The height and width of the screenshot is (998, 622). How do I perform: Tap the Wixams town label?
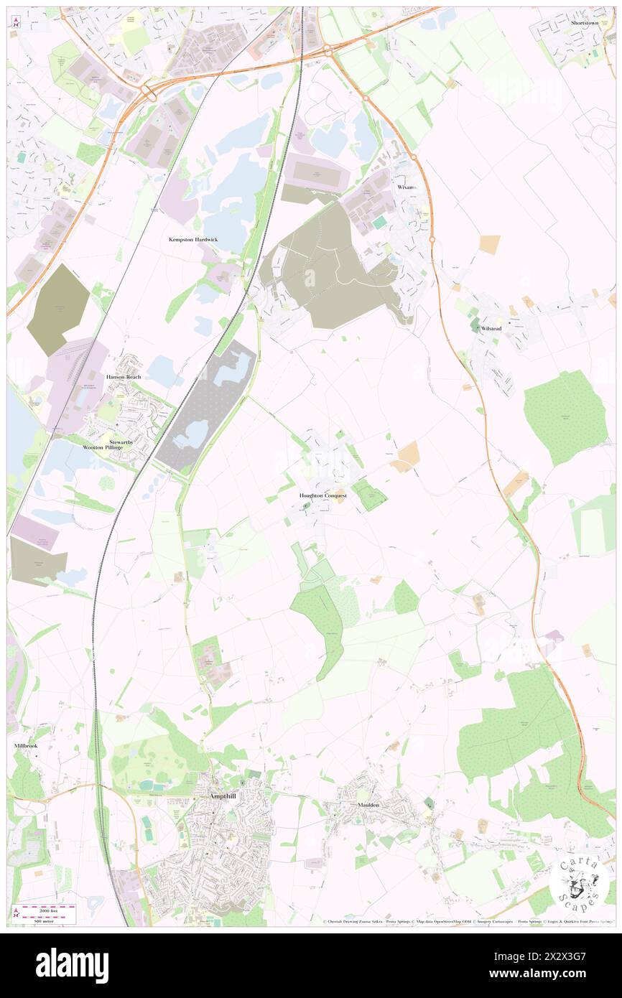[x=406, y=187]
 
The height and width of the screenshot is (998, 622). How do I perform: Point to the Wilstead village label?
[x=491, y=328]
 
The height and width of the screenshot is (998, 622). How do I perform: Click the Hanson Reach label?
[x=124, y=377]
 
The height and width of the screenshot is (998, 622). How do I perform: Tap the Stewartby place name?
[x=121, y=442]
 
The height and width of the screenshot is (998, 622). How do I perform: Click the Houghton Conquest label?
[x=323, y=495]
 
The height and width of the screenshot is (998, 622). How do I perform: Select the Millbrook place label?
[x=25, y=746]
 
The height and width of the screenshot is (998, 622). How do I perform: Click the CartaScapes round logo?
[x=579, y=881]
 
